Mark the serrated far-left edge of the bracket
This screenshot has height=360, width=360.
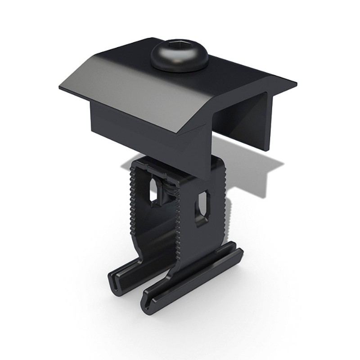(x=134, y=198)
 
